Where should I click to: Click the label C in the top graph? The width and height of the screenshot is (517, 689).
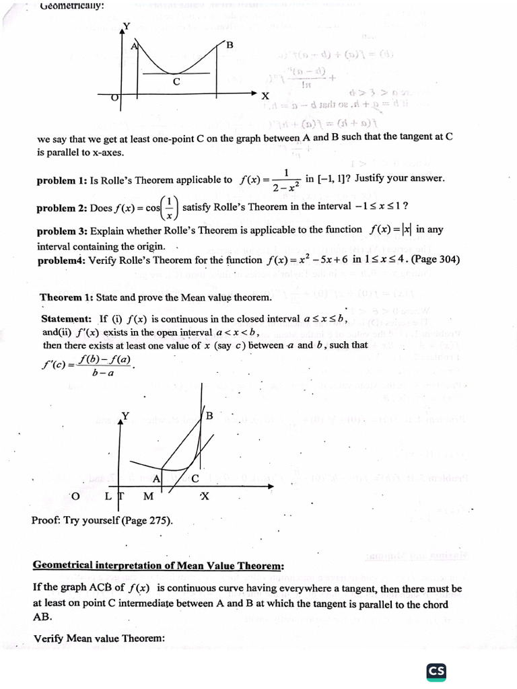point(176,82)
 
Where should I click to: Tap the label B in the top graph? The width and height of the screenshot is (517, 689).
point(230,46)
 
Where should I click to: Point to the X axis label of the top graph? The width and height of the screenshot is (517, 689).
point(265,96)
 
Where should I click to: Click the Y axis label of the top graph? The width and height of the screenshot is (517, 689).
point(126,26)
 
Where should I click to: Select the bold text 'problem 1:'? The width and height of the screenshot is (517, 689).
point(62,180)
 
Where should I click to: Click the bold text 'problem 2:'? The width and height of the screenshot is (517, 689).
point(62,208)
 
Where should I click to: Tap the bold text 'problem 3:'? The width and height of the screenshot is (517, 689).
point(62,230)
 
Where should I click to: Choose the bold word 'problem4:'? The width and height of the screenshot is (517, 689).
point(61,260)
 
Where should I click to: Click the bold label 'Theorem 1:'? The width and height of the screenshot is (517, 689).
point(66,297)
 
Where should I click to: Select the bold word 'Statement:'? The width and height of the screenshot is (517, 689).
point(67,319)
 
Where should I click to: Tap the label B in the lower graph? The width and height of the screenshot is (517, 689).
point(209,416)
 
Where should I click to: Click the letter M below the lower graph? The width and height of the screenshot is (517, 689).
point(148,497)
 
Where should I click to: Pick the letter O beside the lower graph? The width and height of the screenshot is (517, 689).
point(75,496)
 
